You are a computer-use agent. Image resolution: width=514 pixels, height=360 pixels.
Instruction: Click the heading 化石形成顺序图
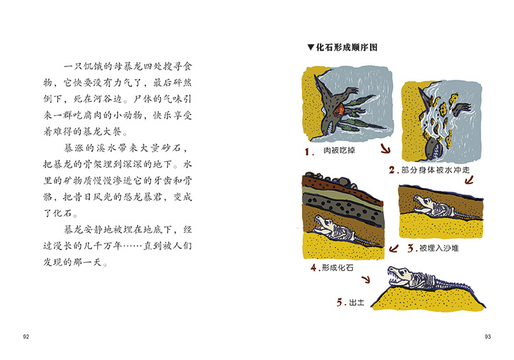(x=347, y=48)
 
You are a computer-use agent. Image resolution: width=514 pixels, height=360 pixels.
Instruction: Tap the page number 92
(x=26, y=337)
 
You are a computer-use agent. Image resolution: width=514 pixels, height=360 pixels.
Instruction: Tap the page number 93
(x=488, y=337)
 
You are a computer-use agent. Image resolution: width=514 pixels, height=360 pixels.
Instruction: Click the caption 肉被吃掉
(x=339, y=151)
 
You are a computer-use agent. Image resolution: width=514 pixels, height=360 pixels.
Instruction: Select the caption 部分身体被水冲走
(x=436, y=170)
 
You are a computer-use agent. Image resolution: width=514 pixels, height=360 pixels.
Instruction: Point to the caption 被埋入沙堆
(x=439, y=248)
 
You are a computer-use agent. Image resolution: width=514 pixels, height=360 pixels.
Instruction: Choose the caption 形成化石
(x=338, y=268)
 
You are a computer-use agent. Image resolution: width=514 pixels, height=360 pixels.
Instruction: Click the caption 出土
(x=357, y=302)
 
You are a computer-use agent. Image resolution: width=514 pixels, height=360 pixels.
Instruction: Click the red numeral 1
(x=308, y=152)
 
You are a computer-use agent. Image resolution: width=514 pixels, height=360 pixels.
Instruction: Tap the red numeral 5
(x=340, y=302)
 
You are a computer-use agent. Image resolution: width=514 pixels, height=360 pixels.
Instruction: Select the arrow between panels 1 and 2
(x=385, y=149)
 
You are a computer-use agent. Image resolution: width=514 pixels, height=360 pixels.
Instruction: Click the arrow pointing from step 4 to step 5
(x=366, y=280)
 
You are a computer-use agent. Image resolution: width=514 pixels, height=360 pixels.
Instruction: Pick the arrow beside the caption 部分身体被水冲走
(x=470, y=179)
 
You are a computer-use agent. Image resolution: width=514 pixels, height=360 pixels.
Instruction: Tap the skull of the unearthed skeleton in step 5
(x=400, y=276)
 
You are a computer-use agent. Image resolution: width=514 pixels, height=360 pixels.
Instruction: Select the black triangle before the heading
(x=311, y=48)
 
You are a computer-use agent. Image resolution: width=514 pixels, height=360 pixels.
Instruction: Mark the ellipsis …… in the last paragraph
(x=132, y=246)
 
